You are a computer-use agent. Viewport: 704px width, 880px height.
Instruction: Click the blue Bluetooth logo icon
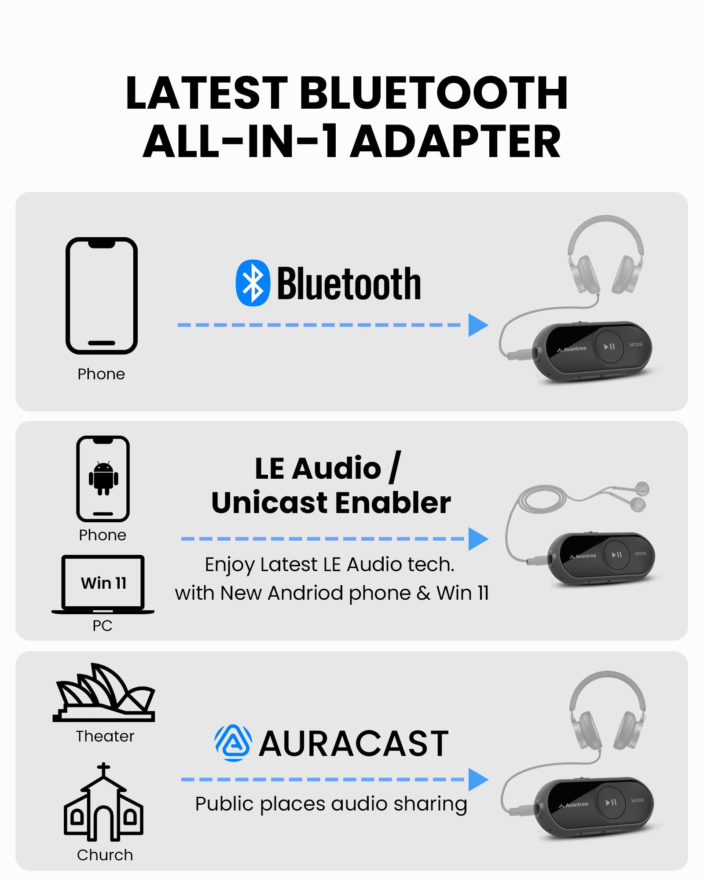pyautogui.click(x=253, y=283)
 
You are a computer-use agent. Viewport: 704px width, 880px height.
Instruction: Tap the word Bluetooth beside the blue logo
pyautogui.click(x=349, y=284)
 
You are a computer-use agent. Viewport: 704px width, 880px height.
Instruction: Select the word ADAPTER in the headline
pyautogui.click(x=455, y=142)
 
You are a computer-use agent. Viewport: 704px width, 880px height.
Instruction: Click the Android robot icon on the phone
pyautogui.click(x=103, y=479)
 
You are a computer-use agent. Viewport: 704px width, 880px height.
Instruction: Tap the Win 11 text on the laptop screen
pyautogui.click(x=103, y=583)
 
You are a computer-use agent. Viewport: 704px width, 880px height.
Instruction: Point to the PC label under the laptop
pyautogui.click(x=103, y=625)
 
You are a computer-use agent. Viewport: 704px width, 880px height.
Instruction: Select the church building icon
pyautogui.click(x=103, y=802)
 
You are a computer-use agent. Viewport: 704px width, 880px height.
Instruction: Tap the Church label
pyautogui.click(x=105, y=855)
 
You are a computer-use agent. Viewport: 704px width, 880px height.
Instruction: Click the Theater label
pyautogui.click(x=105, y=736)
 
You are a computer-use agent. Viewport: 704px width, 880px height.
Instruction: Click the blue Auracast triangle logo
pyautogui.click(x=233, y=743)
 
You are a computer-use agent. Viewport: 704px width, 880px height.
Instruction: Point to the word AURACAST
pyautogui.click(x=354, y=744)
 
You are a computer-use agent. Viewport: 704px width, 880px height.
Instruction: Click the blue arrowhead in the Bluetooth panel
pyautogui.click(x=478, y=325)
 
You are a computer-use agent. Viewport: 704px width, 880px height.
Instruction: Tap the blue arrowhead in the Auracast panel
pyautogui.click(x=478, y=780)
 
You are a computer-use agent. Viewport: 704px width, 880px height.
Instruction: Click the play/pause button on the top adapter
pyautogui.click(x=609, y=347)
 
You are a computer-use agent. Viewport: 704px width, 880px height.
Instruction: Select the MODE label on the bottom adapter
pyautogui.click(x=638, y=800)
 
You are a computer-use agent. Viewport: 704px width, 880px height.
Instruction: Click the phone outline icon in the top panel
pyautogui.click(x=102, y=296)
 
